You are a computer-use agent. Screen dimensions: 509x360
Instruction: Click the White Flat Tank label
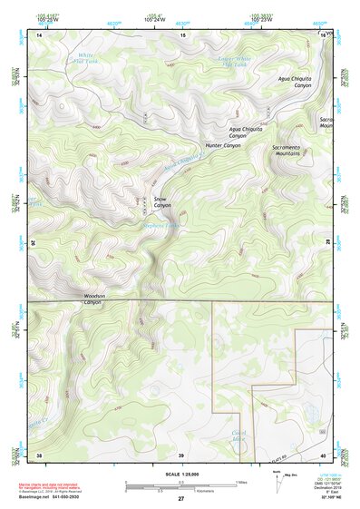pos(85,60)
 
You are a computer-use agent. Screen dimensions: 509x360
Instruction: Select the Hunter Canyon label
pos(223,145)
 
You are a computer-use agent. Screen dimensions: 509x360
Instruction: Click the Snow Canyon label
pos(162,201)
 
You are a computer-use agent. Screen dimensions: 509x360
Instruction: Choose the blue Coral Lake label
pos(240,435)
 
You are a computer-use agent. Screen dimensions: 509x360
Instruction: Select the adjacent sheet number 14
pos(39,34)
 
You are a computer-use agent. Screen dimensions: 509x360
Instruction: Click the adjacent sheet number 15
pos(182,34)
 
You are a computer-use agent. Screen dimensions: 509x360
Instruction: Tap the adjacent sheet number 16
pos(325,34)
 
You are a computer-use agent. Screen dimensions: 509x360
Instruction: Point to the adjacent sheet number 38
pos(39,455)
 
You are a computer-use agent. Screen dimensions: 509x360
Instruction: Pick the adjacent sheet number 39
pos(181,455)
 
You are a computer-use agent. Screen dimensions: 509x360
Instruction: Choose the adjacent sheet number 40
pos(325,455)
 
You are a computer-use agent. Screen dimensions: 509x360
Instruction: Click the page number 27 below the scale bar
pos(181,500)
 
